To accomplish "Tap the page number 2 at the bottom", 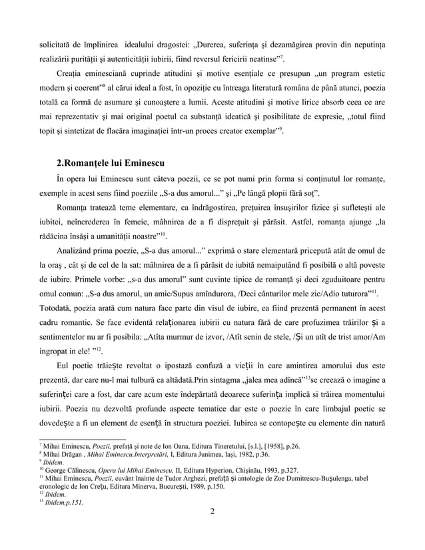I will click(212, 530).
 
